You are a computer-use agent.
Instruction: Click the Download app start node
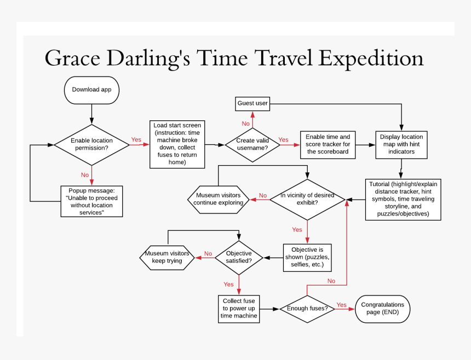(91, 90)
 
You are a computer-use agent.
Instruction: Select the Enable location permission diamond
(91, 144)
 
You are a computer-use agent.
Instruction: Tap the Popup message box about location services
(91, 201)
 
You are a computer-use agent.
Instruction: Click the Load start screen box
(177, 144)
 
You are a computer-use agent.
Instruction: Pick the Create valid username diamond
(252, 144)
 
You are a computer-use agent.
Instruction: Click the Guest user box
(252, 103)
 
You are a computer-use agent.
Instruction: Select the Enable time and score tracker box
(328, 144)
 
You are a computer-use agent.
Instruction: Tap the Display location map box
(401, 144)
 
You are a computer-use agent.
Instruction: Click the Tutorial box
(403, 199)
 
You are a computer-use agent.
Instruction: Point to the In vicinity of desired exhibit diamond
(307, 199)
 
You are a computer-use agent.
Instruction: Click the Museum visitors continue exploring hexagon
(218, 199)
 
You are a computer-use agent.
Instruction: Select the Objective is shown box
(307, 257)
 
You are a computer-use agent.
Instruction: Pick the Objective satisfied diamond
(239, 257)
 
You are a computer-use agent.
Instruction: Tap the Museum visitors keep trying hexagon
(167, 257)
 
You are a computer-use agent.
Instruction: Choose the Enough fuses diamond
(307, 309)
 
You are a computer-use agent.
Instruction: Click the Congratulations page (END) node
(382, 309)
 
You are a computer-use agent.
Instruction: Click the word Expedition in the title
(371, 58)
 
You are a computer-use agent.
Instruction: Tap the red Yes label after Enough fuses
(341, 305)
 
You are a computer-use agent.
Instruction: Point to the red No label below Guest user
(245, 124)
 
